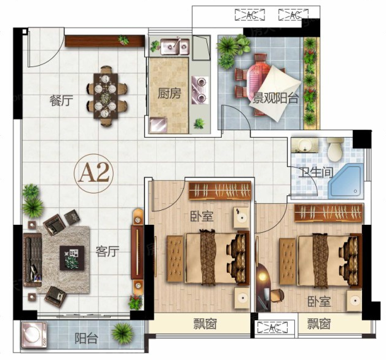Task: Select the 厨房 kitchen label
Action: [x=170, y=93]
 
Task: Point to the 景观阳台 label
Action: [x=276, y=98]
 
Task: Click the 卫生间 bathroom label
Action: [x=316, y=173]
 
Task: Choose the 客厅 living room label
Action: [x=108, y=251]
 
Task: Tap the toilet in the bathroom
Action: [x=335, y=149]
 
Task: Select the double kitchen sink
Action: [x=175, y=47]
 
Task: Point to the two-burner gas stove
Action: [x=200, y=90]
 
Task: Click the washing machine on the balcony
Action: [x=34, y=335]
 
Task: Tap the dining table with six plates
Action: [x=106, y=96]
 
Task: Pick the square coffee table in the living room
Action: [x=72, y=258]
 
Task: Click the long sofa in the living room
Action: [x=32, y=260]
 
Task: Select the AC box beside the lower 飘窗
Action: [x=272, y=327]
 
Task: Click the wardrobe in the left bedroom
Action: [x=219, y=190]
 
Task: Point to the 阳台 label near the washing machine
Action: [x=86, y=338]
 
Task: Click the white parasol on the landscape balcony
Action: [x=275, y=93]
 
